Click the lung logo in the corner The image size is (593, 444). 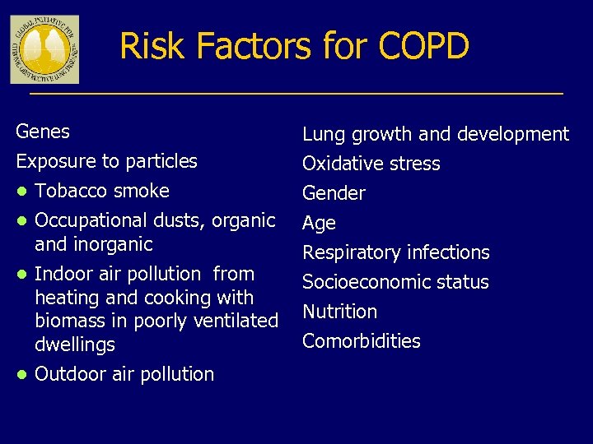point(44,49)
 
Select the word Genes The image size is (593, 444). point(43,132)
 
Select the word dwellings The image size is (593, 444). point(75,345)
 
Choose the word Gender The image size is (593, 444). point(334,193)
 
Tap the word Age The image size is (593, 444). point(319,224)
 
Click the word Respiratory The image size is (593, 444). point(347,253)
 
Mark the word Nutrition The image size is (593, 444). point(339,312)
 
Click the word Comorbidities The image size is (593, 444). point(361,341)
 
